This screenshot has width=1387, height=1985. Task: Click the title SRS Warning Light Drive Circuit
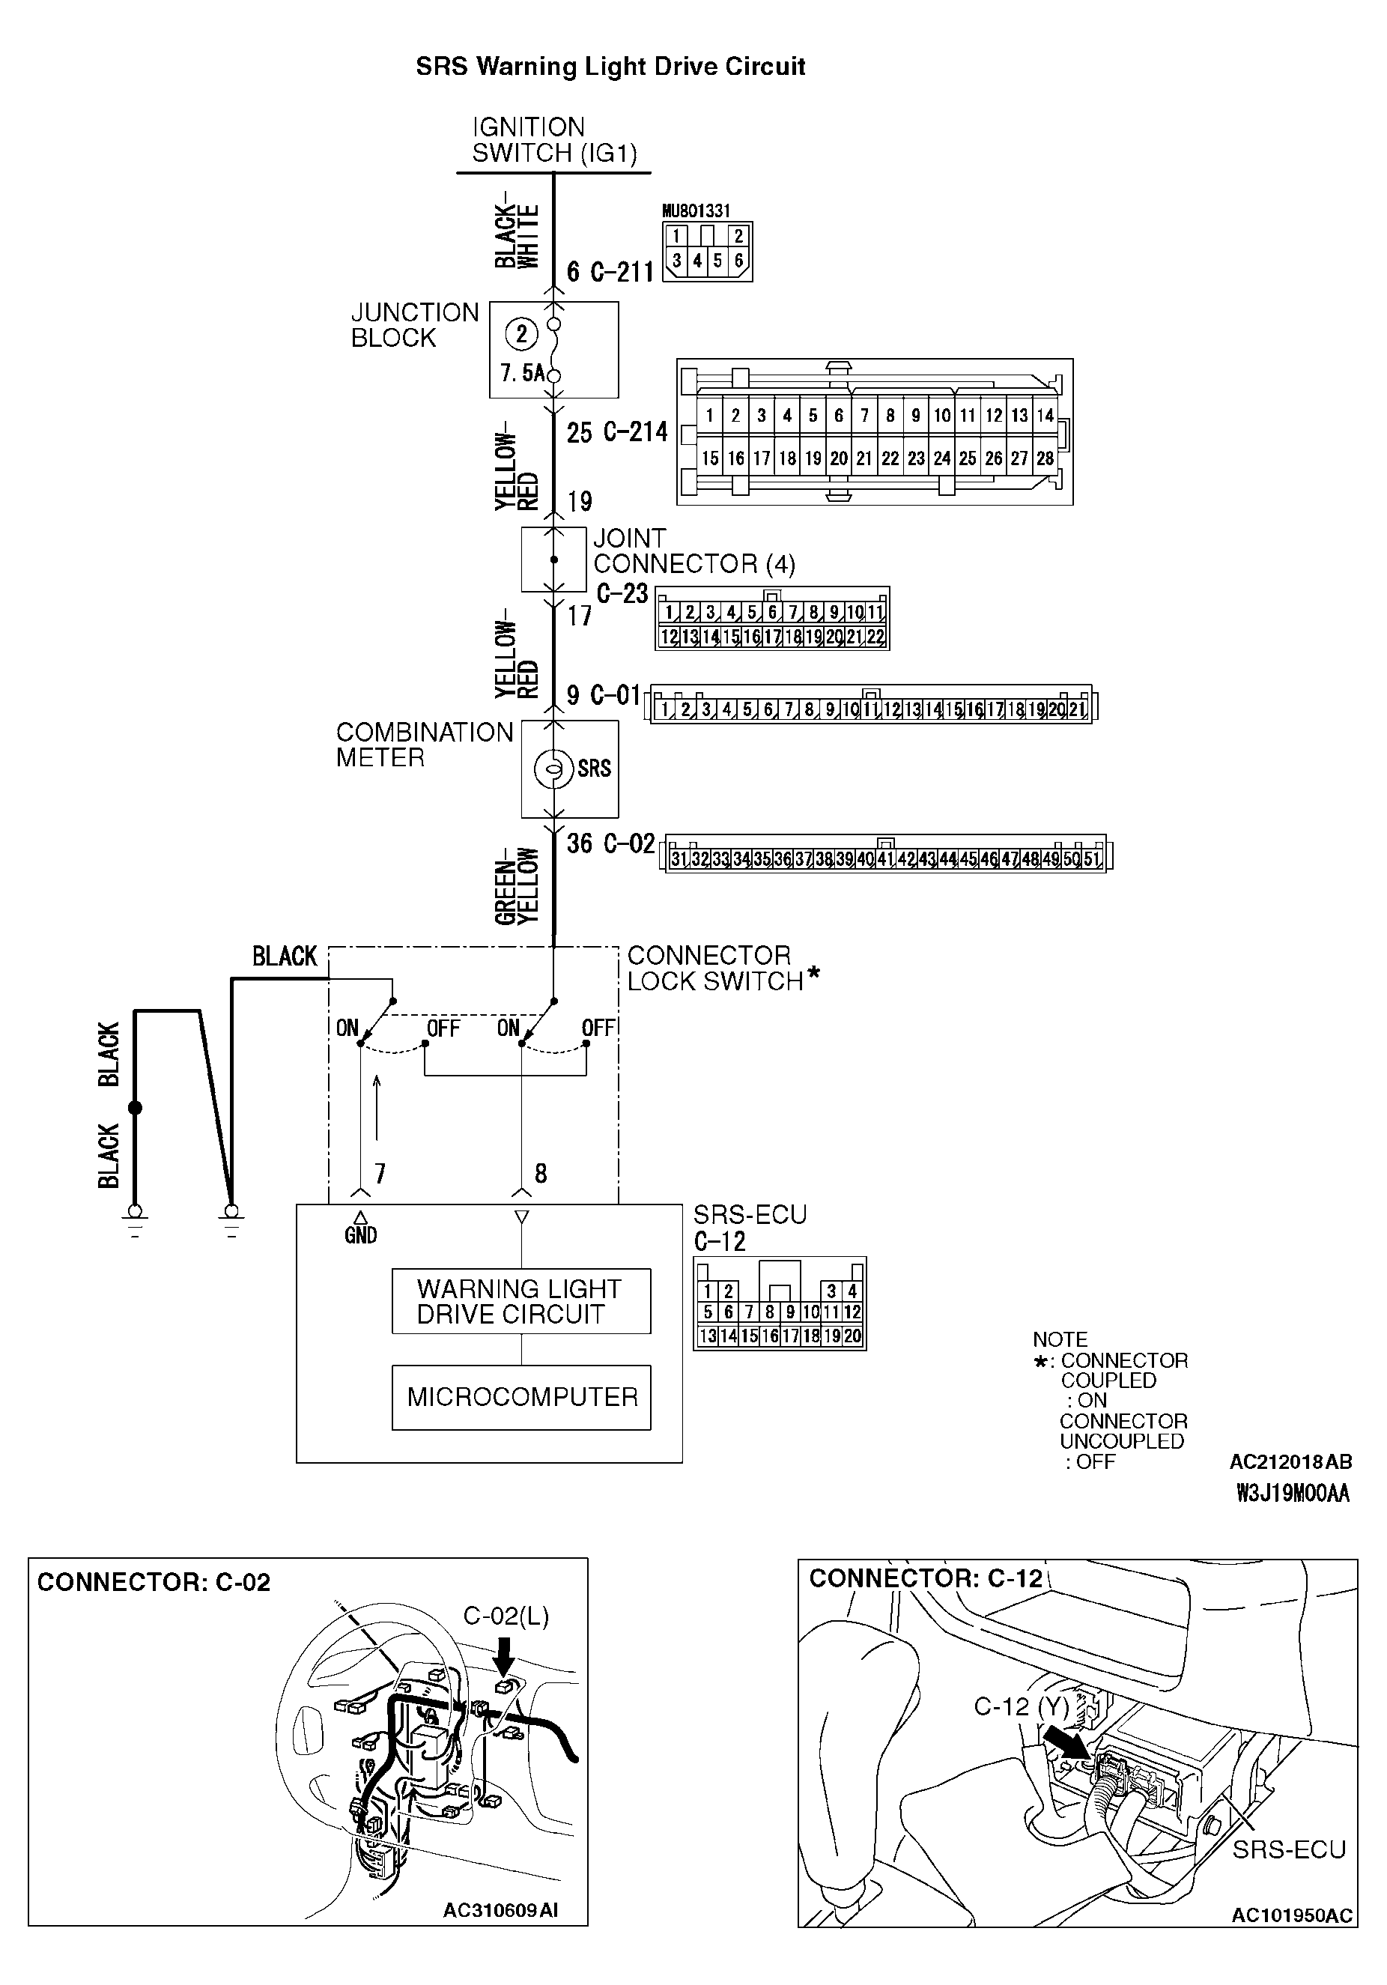click(x=610, y=67)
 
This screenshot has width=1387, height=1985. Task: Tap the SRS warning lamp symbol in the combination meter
click(x=553, y=768)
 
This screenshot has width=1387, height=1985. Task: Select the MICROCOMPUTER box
click(x=521, y=1396)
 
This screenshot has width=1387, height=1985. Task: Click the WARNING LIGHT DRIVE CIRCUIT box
click(x=521, y=1300)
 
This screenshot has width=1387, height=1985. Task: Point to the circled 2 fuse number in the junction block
click(x=520, y=334)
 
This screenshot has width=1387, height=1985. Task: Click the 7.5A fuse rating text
click(x=523, y=374)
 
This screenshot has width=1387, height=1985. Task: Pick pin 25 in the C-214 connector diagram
click(x=968, y=458)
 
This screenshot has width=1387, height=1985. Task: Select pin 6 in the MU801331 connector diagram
click(x=739, y=260)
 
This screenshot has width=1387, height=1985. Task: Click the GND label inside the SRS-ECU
click(x=360, y=1235)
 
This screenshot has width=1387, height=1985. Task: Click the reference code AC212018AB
click(x=1290, y=1462)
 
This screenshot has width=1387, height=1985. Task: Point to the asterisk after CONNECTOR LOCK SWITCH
click(x=813, y=977)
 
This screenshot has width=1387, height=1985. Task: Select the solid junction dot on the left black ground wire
click(x=135, y=1109)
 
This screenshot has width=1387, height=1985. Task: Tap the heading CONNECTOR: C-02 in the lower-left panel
click(x=154, y=1582)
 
